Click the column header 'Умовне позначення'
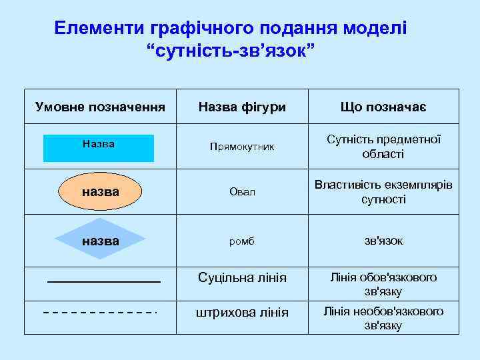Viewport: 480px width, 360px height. [x=99, y=107]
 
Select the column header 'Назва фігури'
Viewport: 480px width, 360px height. [x=241, y=107]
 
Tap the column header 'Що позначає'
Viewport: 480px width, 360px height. [x=383, y=107]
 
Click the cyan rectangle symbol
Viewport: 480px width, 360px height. [x=99, y=148]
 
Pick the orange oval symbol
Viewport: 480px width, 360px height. [x=100, y=192]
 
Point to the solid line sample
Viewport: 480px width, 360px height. [x=104, y=283]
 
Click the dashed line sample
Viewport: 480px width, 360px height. [x=100, y=313]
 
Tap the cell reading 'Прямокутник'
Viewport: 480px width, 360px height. [x=241, y=146]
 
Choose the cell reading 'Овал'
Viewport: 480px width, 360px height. [x=241, y=193]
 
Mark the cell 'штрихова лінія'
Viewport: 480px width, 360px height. [x=241, y=312]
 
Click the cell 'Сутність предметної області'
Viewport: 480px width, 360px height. [x=383, y=147]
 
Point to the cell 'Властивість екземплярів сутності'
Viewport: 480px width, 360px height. [x=383, y=192]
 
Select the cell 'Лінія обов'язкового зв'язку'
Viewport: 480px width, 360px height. [x=383, y=284]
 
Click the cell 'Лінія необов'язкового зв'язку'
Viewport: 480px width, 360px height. [x=383, y=318]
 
